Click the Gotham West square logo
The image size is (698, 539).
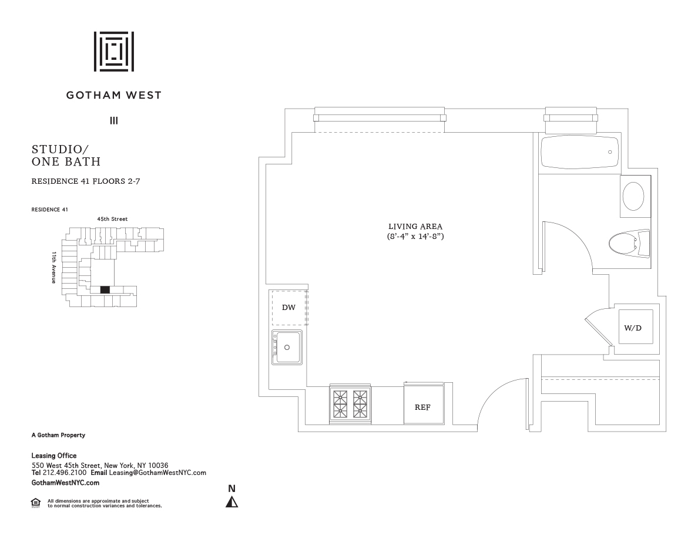[x=114, y=52]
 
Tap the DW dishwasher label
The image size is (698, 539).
[x=288, y=307]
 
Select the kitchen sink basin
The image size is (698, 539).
[x=287, y=348]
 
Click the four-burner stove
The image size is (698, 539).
[x=350, y=404]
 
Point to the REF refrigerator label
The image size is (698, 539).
[x=422, y=407]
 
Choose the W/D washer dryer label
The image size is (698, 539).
[x=633, y=328]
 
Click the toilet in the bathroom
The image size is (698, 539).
[x=629, y=244]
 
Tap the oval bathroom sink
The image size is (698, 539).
[x=633, y=196]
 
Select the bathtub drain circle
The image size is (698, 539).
[x=610, y=152]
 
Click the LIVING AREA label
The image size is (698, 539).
[x=415, y=227]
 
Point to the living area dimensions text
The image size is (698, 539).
[x=415, y=236]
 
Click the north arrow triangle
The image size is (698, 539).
[x=231, y=502]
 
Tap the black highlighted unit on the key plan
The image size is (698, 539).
[x=105, y=289]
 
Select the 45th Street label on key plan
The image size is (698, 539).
[x=113, y=219]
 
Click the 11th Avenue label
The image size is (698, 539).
[x=54, y=267]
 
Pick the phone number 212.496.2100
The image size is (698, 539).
[x=65, y=473]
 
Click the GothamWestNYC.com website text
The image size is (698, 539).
[x=65, y=483]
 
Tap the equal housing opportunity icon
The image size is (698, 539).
[x=36, y=503]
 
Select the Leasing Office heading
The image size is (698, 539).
[x=54, y=456]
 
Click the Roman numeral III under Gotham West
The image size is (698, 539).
[x=114, y=120]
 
